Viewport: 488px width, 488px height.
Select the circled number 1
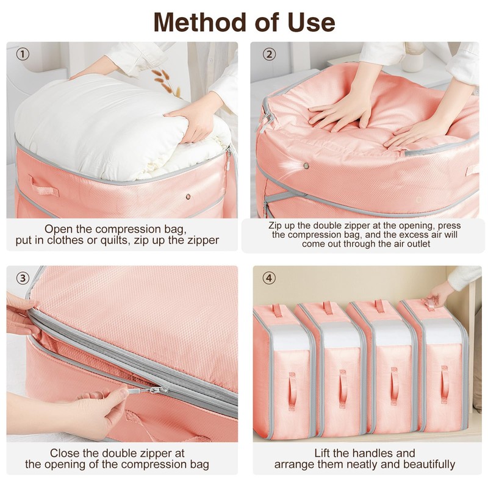[23, 54]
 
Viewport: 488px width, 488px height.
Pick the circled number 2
[269, 54]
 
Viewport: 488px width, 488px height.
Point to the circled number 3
[23, 278]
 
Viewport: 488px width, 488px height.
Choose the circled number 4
[269, 278]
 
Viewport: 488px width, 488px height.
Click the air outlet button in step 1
[188, 196]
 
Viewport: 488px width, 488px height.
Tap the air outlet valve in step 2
[306, 166]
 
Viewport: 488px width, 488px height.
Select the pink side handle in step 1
[43, 185]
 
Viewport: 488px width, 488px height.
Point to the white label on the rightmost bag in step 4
[443, 331]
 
